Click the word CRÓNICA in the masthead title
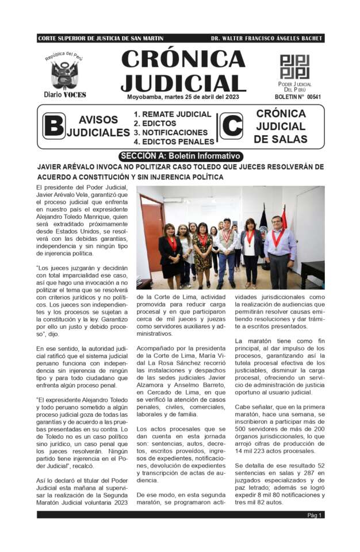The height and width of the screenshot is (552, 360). (x=183, y=59)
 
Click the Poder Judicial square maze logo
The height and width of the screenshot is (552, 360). (x=294, y=67)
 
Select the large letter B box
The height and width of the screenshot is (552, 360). (x=54, y=126)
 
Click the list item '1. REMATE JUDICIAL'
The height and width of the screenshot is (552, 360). (x=173, y=114)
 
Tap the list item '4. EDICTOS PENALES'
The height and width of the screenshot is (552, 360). (x=174, y=141)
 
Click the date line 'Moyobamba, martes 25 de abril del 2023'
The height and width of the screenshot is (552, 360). (x=183, y=97)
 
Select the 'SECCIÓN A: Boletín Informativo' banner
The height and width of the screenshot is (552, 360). (x=181, y=156)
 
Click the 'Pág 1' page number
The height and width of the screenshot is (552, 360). (x=315, y=515)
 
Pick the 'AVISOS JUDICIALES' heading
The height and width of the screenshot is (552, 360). (x=98, y=126)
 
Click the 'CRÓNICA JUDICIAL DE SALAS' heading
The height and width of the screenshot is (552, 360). (x=280, y=126)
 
